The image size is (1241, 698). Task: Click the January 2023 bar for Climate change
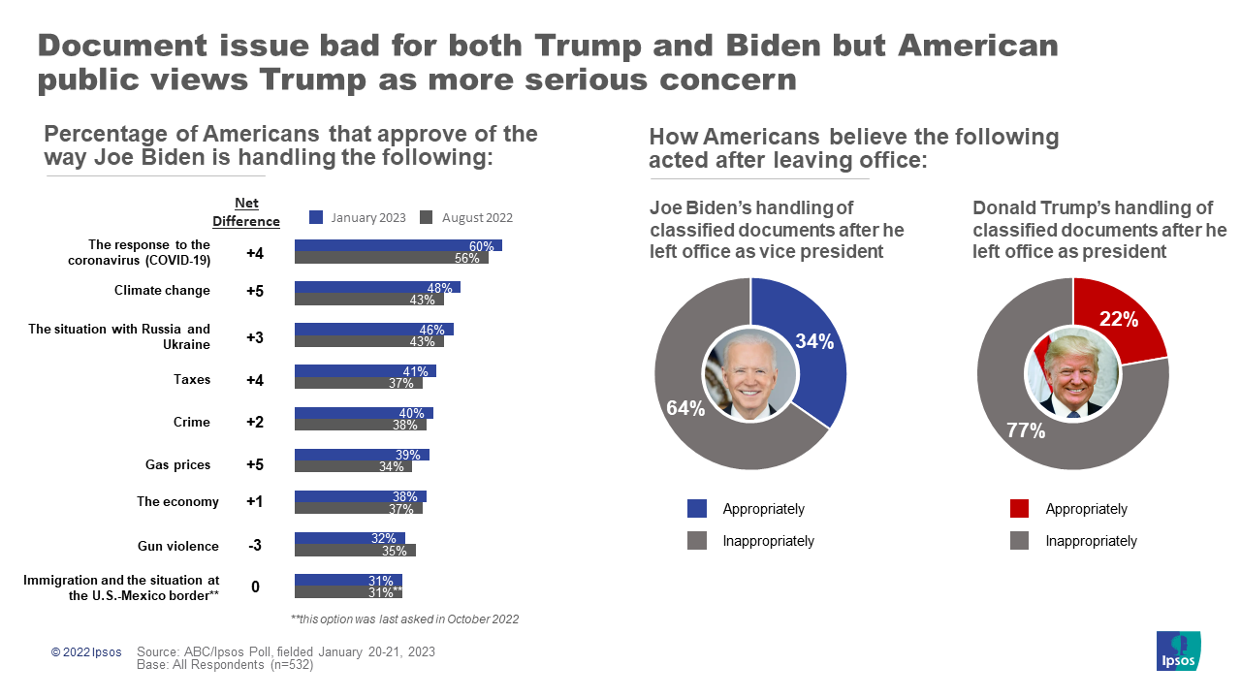coord(376,287)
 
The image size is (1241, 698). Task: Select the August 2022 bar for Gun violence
coord(355,551)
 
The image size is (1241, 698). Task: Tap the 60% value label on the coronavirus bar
coord(482,246)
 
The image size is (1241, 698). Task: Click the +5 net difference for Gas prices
coord(255,464)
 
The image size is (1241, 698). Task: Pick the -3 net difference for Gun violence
coord(255,545)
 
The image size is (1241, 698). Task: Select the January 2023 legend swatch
coord(316,217)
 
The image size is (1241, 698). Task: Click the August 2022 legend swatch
coord(425,217)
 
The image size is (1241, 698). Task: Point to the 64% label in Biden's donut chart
coord(685,408)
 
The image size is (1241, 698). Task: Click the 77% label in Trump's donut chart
coord(1025,430)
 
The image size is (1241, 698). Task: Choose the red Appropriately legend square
coord(1020,509)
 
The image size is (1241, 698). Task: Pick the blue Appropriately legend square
coord(697,509)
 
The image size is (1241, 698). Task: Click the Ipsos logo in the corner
coord(1179,651)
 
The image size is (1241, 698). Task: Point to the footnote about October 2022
coord(404,619)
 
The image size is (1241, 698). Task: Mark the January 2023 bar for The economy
coord(360,496)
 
